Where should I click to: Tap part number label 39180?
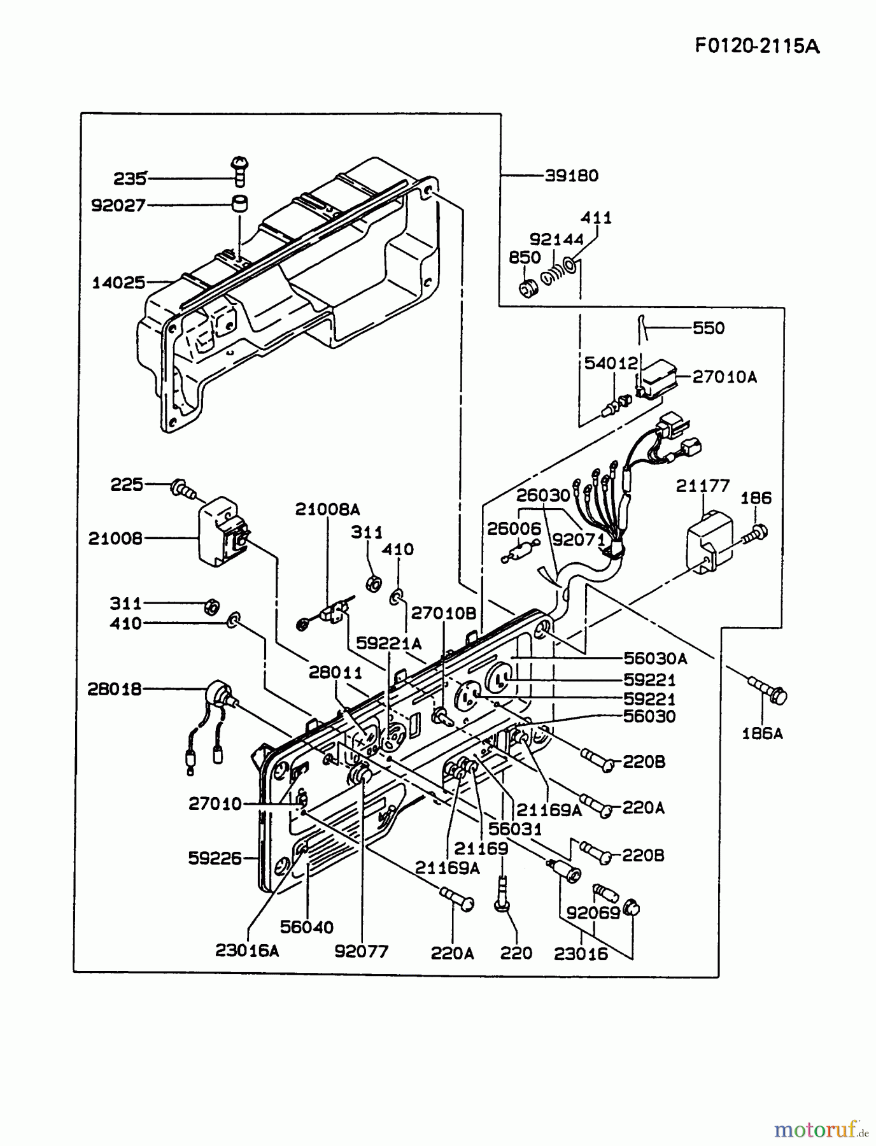pyautogui.click(x=571, y=176)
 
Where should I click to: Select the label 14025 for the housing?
pyautogui.click(x=119, y=282)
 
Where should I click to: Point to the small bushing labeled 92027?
pyautogui.click(x=239, y=204)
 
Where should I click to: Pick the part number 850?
pyautogui.click(x=525, y=258)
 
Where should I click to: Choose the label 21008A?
pyautogui.click(x=327, y=509)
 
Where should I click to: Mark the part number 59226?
pyautogui.click(x=215, y=858)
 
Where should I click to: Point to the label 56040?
pyautogui.click(x=307, y=928)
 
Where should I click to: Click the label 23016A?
pyautogui.click(x=247, y=951)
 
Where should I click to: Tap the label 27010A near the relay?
pyautogui.click(x=724, y=377)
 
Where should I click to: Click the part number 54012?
pyautogui.click(x=611, y=364)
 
